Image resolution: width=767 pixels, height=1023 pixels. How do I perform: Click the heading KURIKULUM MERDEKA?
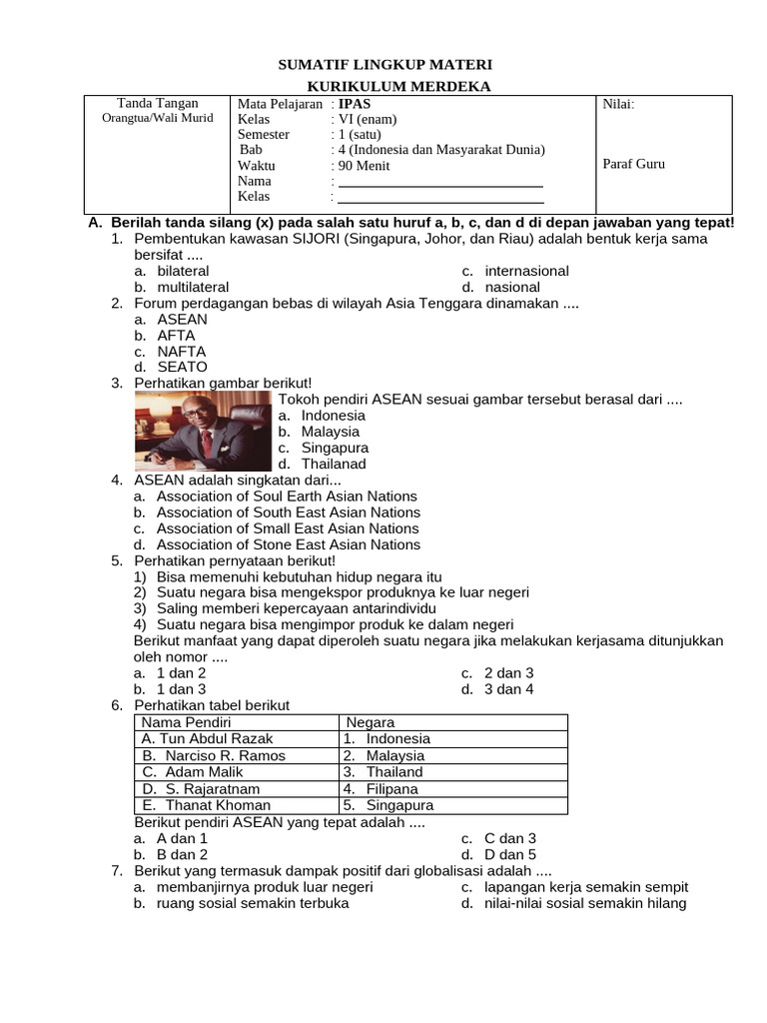pos(384,87)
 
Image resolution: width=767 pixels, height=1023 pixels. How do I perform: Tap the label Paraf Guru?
pos(634,164)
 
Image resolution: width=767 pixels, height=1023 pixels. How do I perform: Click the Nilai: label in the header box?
pos(618,104)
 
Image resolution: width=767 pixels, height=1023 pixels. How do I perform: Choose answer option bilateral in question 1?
pos(183,271)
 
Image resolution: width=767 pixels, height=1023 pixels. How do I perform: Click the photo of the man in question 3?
pos(204,432)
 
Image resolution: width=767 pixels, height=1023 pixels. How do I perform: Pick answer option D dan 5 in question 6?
pos(510,855)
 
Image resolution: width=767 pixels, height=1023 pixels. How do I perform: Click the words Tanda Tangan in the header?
pos(158,103)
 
